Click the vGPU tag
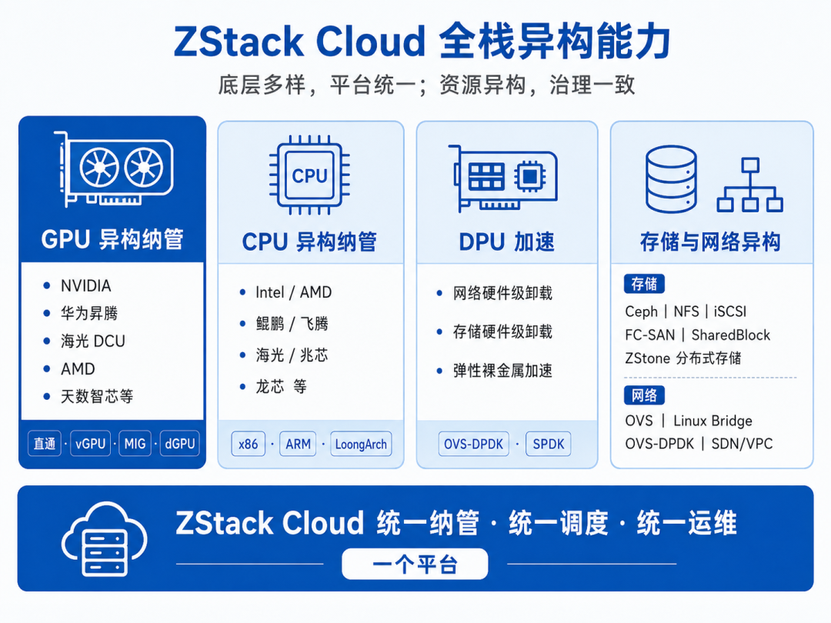pyautogui.click(x=91, y=444)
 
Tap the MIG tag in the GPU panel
pyautogui.click(x=135, y=444)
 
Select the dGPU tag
pyautogui.click(x=179, y=444)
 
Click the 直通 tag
pyautogui.click(x=45, y=444)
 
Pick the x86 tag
pyautogui.click(x=248, y=444)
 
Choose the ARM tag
pyautogui.click(x=298, y=444)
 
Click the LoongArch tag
pyautogui.click(x=361, y=444)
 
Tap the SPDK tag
pyautogui.click(x=549, y=444)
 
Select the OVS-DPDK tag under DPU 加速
pyautogui.click(x=473, y=444)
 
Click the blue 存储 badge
pyautogui.click(x=644, y=284)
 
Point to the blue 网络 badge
pyautogui.click(x=644, y=395)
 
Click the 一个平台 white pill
pyautogui.click(x=415, y=565)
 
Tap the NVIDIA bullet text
pyautogui.click(x=86, y=286)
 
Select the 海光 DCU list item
pyautogui.click(x=93, y=341)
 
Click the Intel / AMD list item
pyautogui.click(x=294, y=292)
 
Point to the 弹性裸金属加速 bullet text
pyautogui.click(x=502, y=371)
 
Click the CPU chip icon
pyautogui.click(x=309, y=175)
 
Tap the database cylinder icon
pyautogui.click(x=671, y=179)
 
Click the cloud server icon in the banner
pyautogui.click(x=105, y=538)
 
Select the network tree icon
pyautogui.click(x=750, y=185)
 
